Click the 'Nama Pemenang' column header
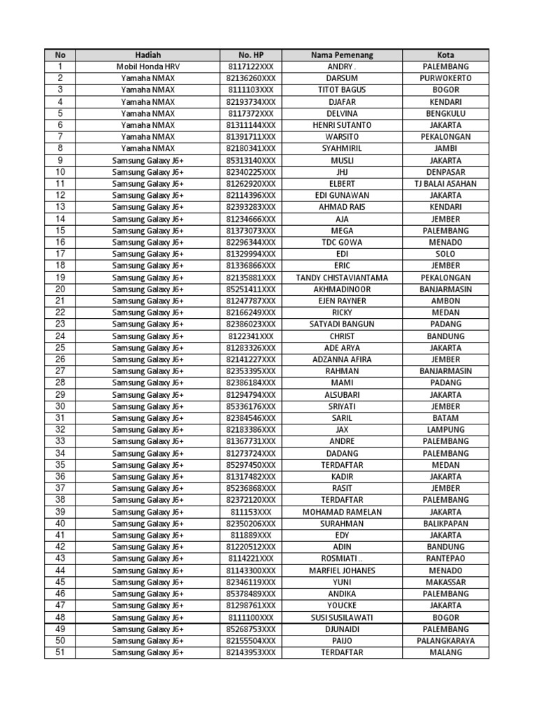click(x=342, y=55)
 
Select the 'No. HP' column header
click(x=251, y=55)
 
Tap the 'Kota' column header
click(x=445, y=55)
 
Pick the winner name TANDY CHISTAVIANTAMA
click(x=342, y=278)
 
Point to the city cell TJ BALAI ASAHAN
click(x=445, y=184)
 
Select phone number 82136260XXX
click(x=251, y=78)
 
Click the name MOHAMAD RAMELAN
click(x=342, y=512)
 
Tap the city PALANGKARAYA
click(x=445, y=640)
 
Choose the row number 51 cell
click(x=60, y=652)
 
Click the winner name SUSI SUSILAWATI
click(x=342, y=617)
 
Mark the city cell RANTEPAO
click(x=445, y=559)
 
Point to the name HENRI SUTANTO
click(x=342, y=125)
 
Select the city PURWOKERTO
click(x=445, y=78)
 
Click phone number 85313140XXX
click(x=251, y=160)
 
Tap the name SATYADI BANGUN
click(x=342, y=324)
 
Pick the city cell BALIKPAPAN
click(x=445, y=524)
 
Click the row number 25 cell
click(x=60, y=348)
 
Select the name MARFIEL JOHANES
click(x=342, y=571)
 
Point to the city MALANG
click(x=445, y=652)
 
